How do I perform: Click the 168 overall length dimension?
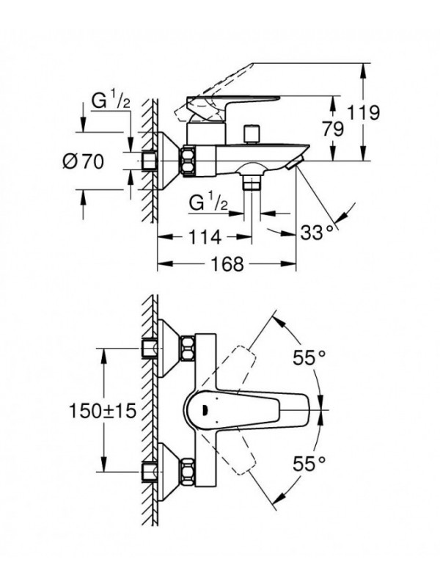tap(225, 264)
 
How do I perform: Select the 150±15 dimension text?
tap(104, 411)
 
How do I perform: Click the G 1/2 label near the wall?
tap(111, 103)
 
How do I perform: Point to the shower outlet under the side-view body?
tap(253, 180)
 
